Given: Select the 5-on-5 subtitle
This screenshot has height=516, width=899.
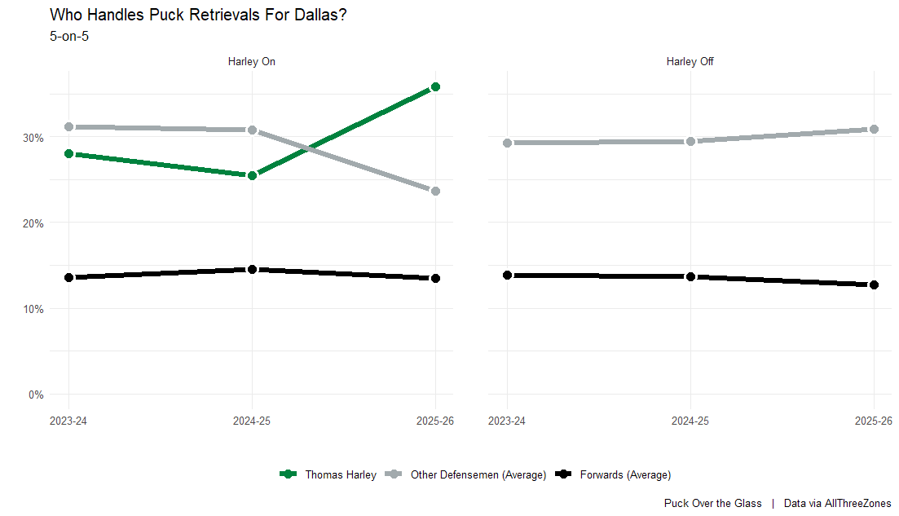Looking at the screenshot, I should pyautogui.click(x=69, y=36).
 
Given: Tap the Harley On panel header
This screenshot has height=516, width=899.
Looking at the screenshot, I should pyautogui.click(x=252, y=61).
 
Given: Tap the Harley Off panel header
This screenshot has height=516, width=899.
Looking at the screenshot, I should pyautogui.click(x=690, y=61).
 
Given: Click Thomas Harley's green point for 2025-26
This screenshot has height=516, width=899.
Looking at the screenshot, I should pyautogui.click(x=435, y=86).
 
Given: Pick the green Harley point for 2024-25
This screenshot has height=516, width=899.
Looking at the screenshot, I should pyautogui.click(x=252, y=175).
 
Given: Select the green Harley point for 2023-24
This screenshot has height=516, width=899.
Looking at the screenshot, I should pyautogui.click(x=68, y=153).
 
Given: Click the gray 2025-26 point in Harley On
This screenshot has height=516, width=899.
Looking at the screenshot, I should pyautogui.click(x=435, y=191).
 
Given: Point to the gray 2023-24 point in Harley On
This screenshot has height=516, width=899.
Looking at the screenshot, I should pyautogui.click(x=68, y=127).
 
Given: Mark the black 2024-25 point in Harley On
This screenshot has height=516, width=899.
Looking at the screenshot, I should pyautogui.click(x=252, y=269).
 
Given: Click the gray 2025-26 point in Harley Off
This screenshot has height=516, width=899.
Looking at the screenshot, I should pyautogui.click(x=874, y=129).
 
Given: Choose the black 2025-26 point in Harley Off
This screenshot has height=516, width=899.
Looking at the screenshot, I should pyautogui.click(x=874, y=284).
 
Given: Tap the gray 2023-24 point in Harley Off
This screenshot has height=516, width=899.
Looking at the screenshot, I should pyautogui.click(x=507, y=143).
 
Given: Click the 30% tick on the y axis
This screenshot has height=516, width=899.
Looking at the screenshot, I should pyautogui.click(x=33, y=138).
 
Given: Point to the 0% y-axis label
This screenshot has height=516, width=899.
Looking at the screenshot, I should pyautogui.click(x=36, y=395).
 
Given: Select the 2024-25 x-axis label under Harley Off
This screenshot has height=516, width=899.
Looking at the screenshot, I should pyautogui.click(x=690, y=421).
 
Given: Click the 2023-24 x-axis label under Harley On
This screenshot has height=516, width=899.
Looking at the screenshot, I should pyautogui.click(x=68, y=421).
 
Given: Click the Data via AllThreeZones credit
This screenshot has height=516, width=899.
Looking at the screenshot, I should pyautogui.click(x=837, y=504).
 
